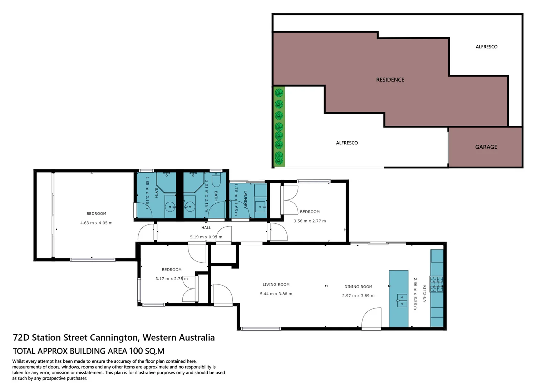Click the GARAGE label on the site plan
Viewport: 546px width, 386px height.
[486, 147]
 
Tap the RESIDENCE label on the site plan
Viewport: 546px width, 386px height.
[390, 80]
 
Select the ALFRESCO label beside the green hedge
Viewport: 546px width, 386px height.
[347, 143]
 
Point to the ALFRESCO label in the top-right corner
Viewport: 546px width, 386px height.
[486, 47]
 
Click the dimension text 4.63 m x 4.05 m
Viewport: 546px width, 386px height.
[96, 223]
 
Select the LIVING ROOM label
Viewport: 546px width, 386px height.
[276, 285]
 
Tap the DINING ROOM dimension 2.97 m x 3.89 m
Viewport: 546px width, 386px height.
[358, 296]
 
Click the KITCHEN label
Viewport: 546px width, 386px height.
[424, 294]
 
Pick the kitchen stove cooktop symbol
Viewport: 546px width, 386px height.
[436, 284]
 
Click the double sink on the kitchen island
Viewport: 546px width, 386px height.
[402, 301]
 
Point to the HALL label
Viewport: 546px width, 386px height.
[206, 228]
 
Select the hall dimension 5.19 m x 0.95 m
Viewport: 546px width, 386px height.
[206, 237]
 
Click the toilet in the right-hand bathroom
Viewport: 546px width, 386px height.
[216, 179]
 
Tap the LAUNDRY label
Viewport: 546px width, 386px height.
[245, 199]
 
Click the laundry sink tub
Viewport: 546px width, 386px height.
[260, 207]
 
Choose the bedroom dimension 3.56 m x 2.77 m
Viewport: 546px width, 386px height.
[310, 221]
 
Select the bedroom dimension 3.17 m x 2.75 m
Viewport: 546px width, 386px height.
[171, 279]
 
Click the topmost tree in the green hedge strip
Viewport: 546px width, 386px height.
[279, 93]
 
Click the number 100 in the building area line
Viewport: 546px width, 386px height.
[136, 351]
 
